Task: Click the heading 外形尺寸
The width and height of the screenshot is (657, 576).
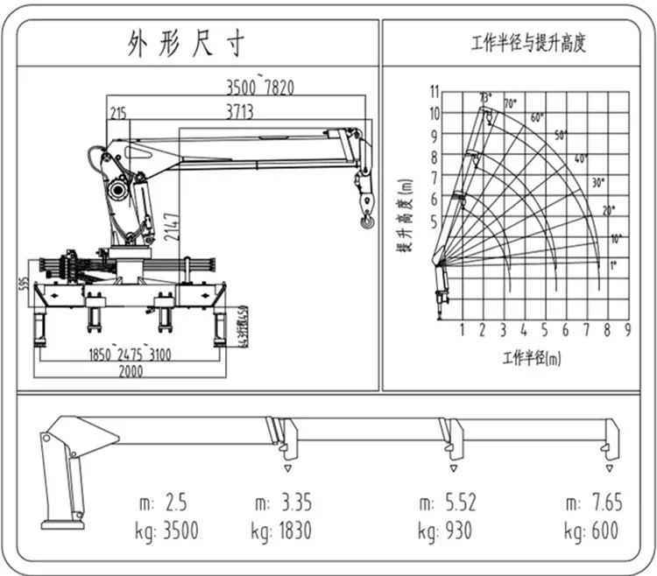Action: tap(185, 43)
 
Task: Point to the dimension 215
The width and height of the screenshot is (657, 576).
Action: tap(118, 111)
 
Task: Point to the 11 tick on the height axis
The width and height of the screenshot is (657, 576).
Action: tap(433, 91)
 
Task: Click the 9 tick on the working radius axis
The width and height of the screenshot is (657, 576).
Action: tap(627, 330)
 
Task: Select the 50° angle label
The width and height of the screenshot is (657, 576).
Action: tap(561, 135)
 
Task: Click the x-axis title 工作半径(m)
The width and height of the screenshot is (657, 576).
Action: tap(532, 358)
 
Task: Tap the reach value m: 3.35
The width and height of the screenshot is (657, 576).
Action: tap(284, 502)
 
